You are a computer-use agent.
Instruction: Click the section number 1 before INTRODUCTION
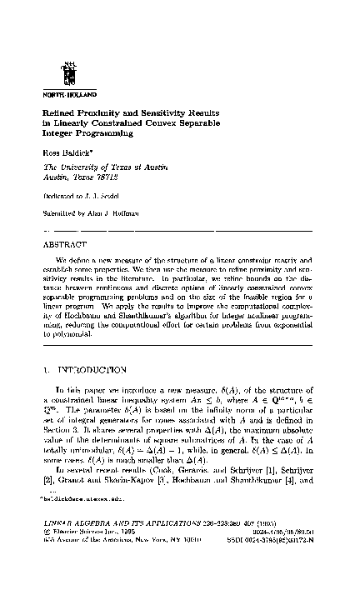(44, 368)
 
